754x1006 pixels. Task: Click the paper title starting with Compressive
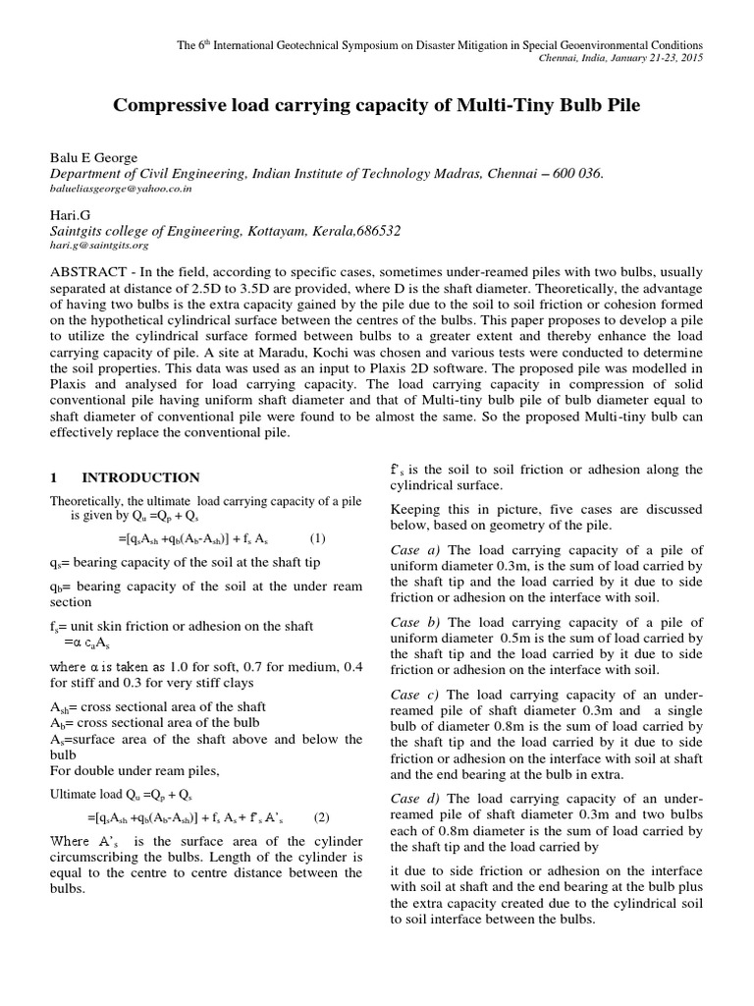click(377, 104)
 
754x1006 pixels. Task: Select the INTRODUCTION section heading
click(140, 477)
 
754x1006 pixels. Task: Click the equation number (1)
click(318, 538)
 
